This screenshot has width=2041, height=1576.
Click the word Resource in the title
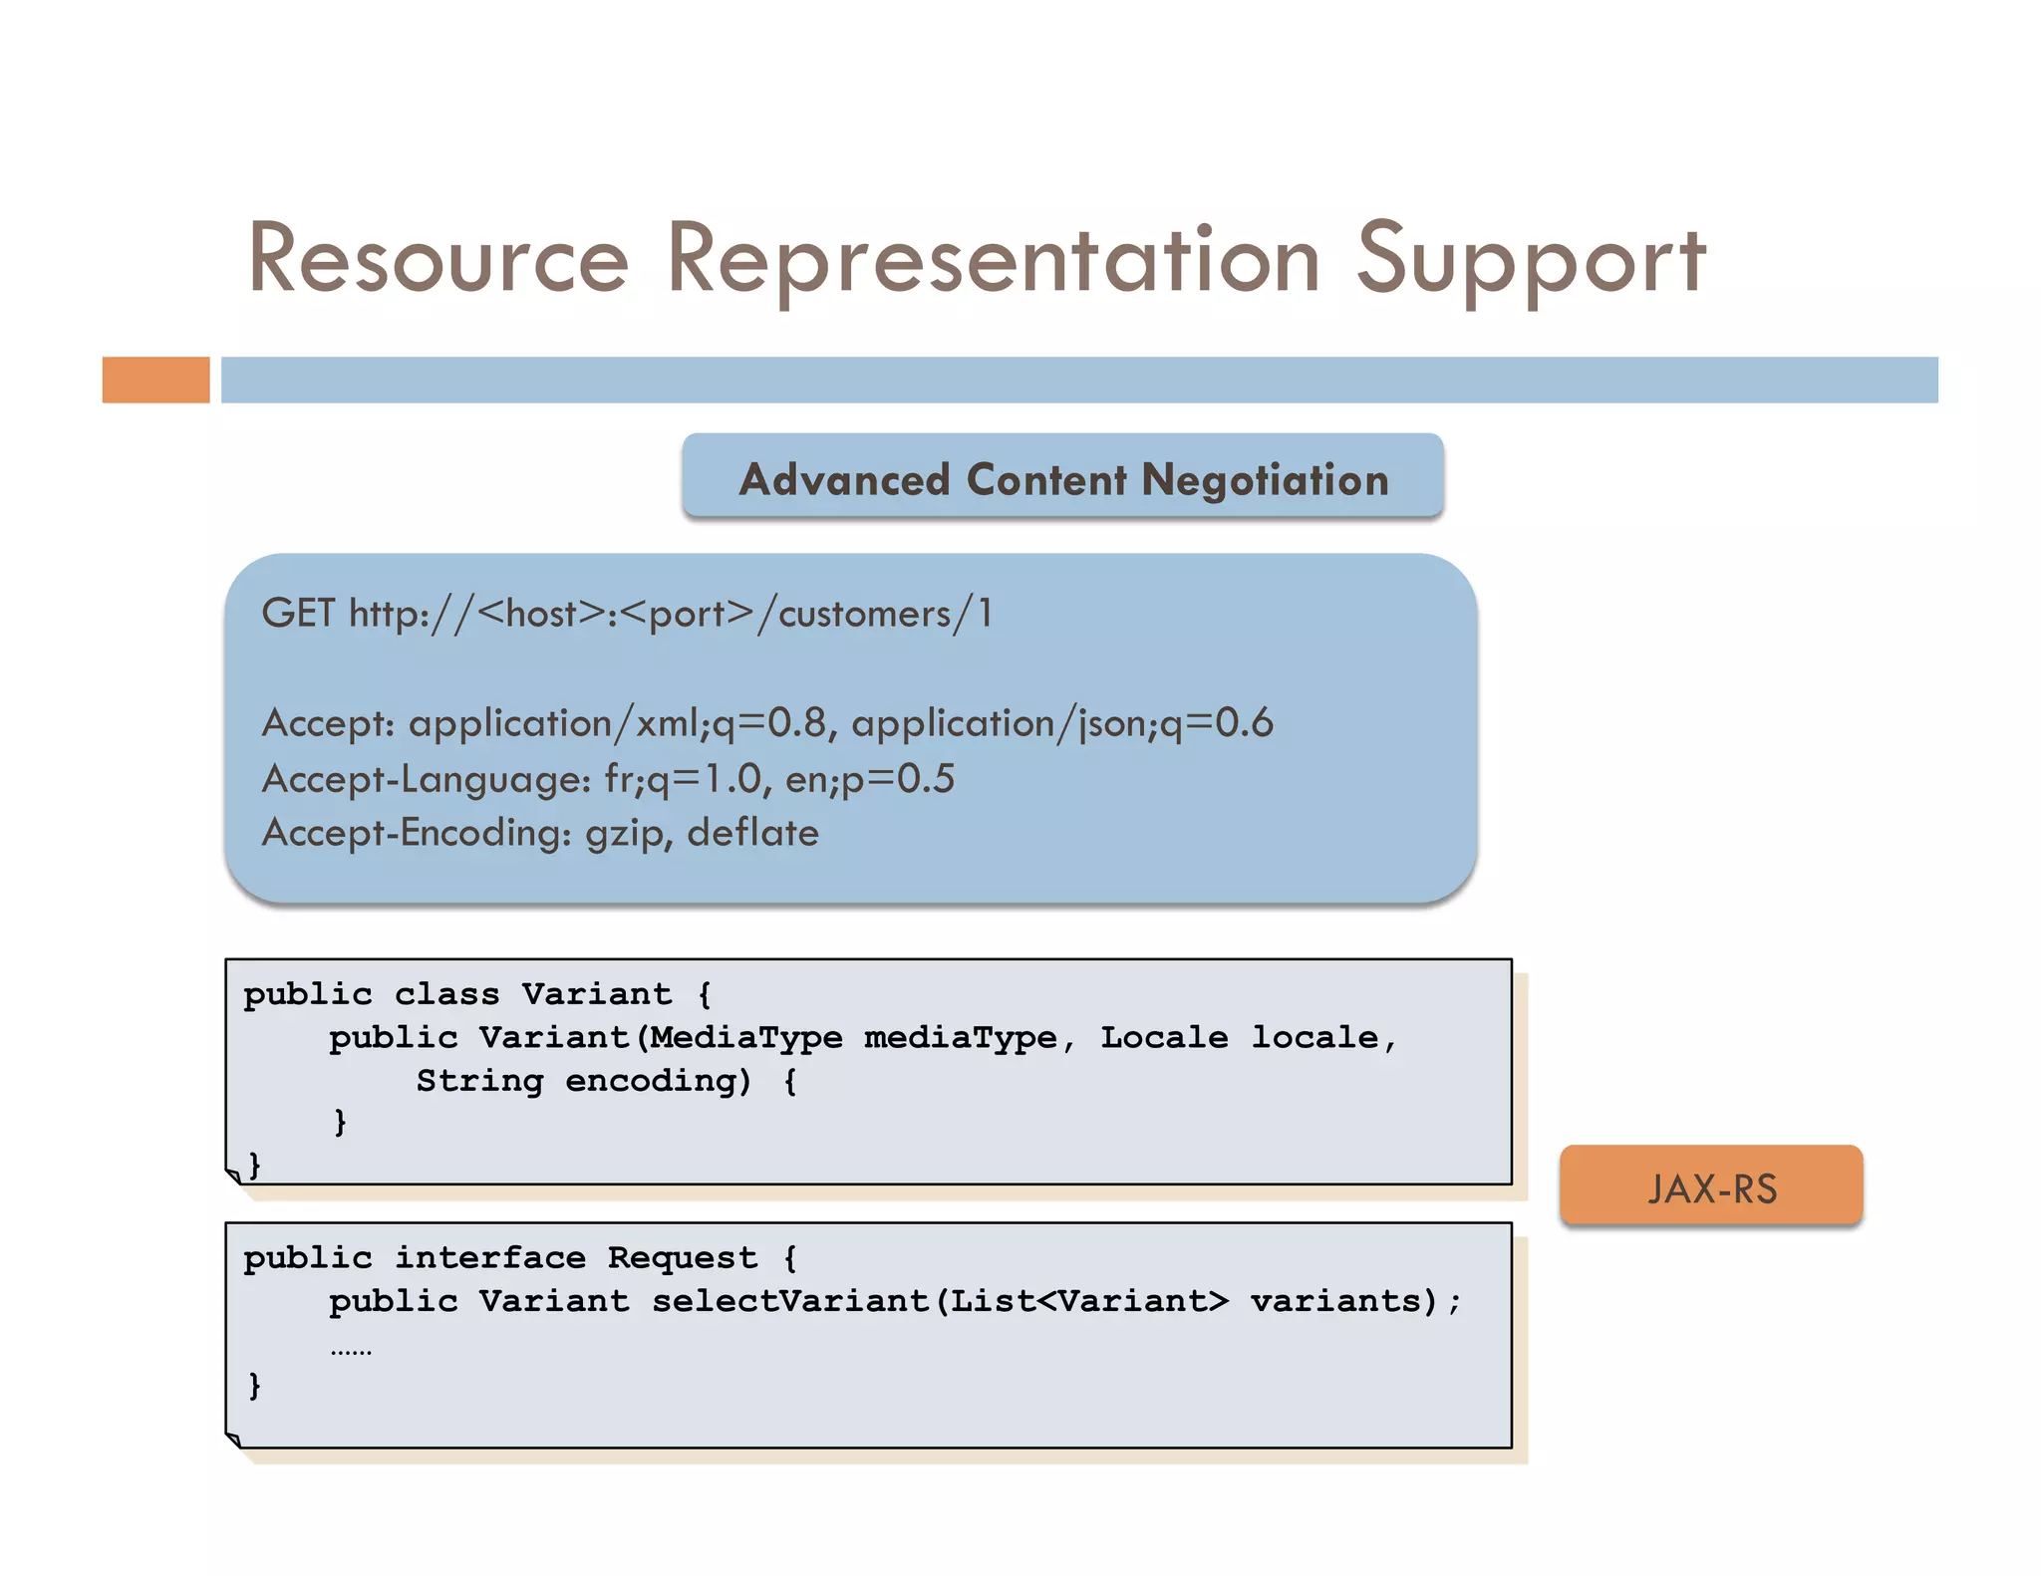[x=438, y=259]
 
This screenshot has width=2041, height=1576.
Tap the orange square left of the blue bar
[x=155, y=380]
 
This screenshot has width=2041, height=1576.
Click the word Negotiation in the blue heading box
[x=1265, y=480]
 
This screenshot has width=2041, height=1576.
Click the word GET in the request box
[x=297, y=614]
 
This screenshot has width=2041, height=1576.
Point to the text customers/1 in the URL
[x=885, y=614]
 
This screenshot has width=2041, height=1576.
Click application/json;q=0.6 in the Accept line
[x=1061, y=723]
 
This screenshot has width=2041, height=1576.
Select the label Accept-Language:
[x=427, y=779]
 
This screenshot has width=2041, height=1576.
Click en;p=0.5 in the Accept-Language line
[x=869, y=779]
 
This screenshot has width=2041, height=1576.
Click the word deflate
[x=752, y=833]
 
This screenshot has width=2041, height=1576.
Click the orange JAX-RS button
[x=1710, y=1186]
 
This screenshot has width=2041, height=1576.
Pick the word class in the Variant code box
[x=446, y=994]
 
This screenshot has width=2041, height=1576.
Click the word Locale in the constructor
[x=1163, y=1037]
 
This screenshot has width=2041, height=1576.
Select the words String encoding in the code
[x=583, y=1081]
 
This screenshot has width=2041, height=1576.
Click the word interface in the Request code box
[x=489, y=1258]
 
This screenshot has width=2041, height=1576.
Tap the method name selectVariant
[x=789, y=1301]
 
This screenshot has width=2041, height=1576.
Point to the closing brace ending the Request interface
[x=254, y=1386]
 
